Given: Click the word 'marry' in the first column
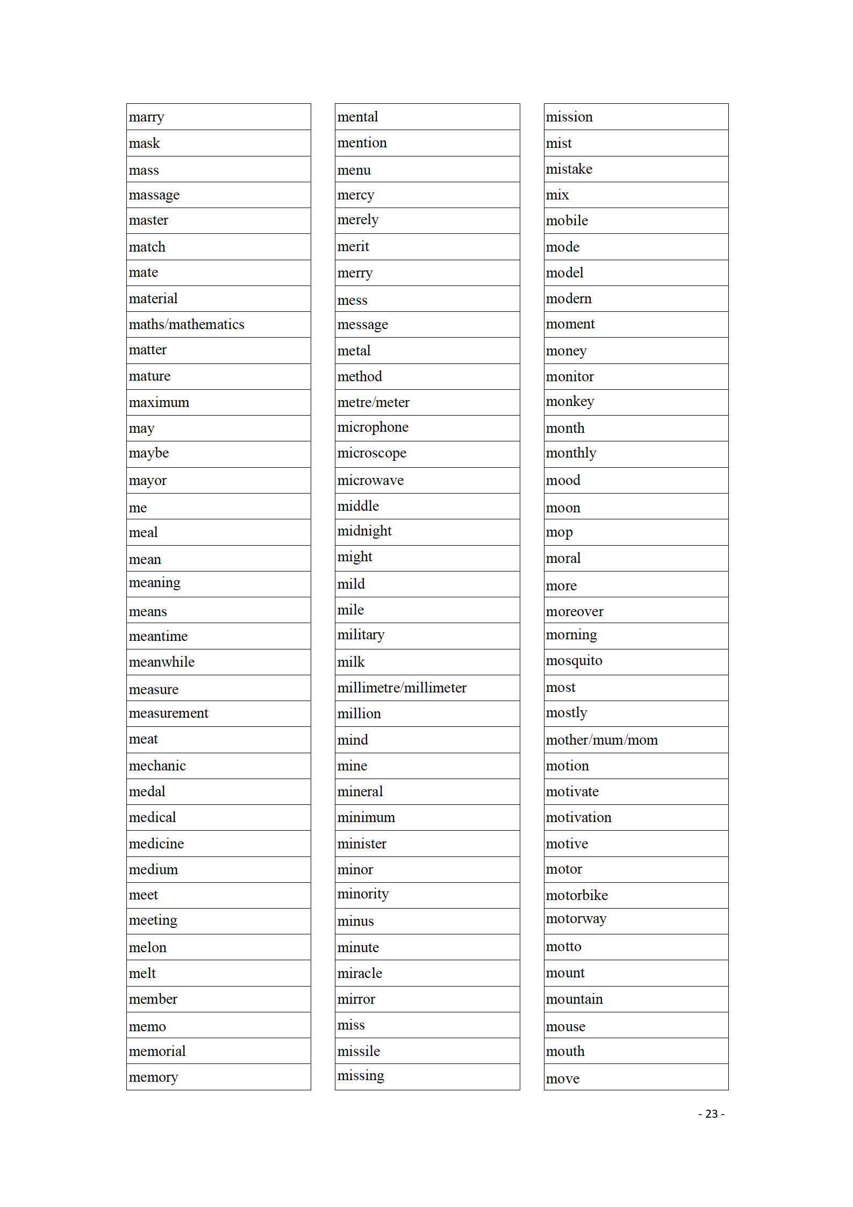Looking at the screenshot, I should pos(146,117).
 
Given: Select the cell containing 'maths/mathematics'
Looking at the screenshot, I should pos(187,325).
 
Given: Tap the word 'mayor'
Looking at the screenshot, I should pos(148,481).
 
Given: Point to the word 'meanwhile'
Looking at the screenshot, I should pos(162,662).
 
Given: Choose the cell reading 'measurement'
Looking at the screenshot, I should pos(168,713).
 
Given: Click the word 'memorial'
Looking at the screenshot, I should pos(157,1052).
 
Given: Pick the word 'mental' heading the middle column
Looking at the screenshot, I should pos(357,117).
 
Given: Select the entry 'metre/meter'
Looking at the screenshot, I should pos(373,403).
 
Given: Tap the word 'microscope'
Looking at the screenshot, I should pos(371,453).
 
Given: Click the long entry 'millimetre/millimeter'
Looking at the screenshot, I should pos(402,688).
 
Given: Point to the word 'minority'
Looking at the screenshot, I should pos(363,894).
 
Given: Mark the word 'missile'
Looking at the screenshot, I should pos(359,1052).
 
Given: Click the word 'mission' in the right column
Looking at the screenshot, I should pos(569,117).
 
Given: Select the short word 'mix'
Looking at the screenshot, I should pos(557,195).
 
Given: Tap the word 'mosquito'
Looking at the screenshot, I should pos(574,661).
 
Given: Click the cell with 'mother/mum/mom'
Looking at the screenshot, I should pos(601,740).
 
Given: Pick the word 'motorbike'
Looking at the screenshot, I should pos(577,896).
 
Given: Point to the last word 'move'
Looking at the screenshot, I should pos(562,1079).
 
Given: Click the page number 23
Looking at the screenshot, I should pos(711,1114).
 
